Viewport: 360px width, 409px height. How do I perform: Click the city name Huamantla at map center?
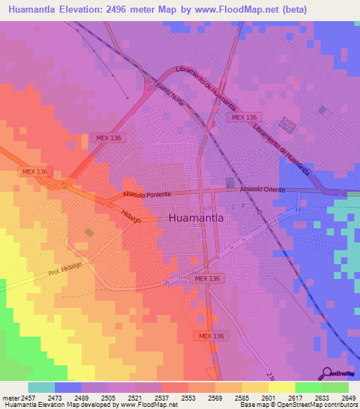[196, 219]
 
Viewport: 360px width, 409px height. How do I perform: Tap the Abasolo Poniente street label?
[147, 193]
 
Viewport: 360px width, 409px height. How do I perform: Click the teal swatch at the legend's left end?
[41, 387]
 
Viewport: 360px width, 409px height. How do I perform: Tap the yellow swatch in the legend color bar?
[281, 387]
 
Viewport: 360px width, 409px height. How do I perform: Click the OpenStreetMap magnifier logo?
[327, 372]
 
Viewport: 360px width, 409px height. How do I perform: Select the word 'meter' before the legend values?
[11, 398]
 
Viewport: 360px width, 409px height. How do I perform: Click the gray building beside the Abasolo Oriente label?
[230, 183]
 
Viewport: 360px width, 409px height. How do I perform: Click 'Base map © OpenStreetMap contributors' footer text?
[297, 405]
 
